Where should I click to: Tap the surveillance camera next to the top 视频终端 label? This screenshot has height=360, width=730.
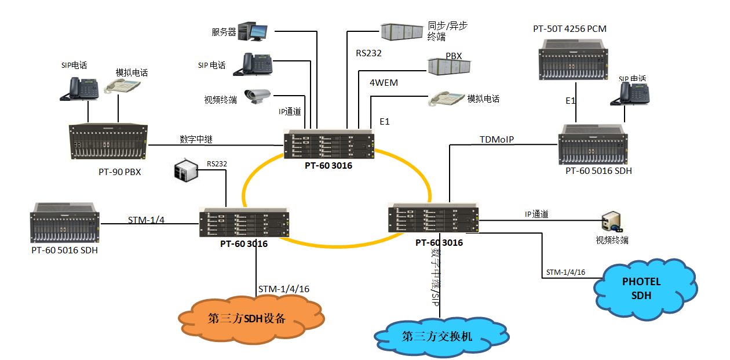257,96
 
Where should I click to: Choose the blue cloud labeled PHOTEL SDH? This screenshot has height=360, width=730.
645,288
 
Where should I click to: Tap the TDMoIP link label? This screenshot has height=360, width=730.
497,140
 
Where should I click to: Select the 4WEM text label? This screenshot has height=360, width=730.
384,82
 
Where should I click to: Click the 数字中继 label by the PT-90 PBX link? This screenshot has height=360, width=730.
196,140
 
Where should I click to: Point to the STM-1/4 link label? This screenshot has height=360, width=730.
145,220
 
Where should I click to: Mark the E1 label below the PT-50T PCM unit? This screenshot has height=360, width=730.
571,101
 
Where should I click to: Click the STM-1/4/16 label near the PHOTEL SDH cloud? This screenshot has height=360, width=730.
565,272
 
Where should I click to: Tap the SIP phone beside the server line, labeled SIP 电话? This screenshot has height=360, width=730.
252,64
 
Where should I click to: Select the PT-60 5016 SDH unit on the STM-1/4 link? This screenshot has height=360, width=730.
64,223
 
